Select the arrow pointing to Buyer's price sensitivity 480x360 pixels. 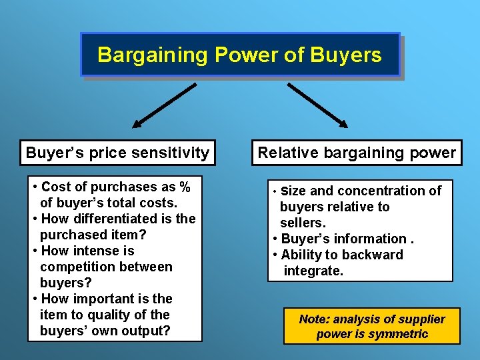[x=164, y=105]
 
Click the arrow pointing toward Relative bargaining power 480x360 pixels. [x=317, y=105]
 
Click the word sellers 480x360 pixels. [x=302, y=223]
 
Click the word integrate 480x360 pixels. [x=313, y=271]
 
